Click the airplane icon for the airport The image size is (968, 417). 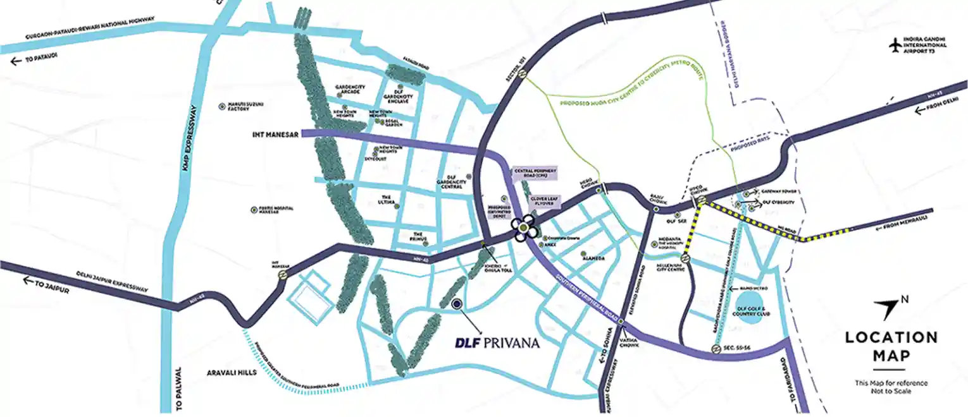point(895,46)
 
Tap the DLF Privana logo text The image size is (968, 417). point(497,343)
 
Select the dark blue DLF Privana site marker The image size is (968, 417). point(457,305)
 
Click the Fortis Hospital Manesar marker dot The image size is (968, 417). point(254,208)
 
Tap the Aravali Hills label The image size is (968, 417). point(231,373)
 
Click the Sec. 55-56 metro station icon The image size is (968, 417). point(714,349)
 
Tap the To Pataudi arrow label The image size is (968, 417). point(35,61)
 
